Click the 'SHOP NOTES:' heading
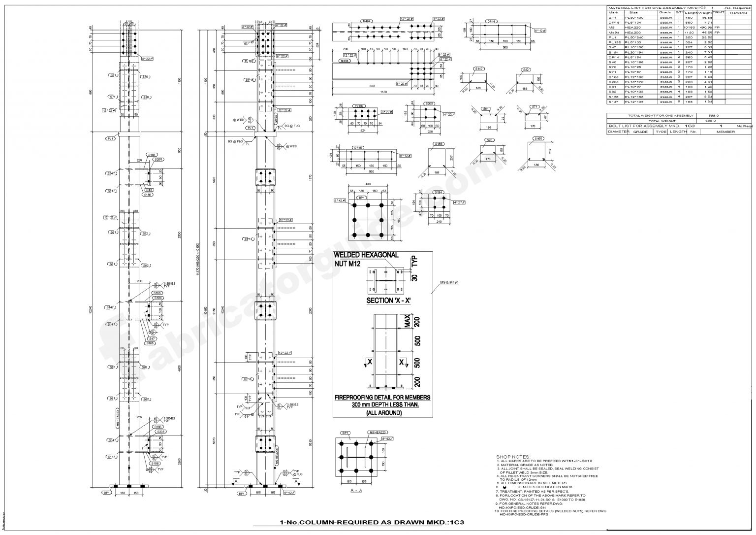click(512, 457)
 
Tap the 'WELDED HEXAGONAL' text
click(366, 255)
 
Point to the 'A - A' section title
click(357, 491)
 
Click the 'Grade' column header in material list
click(664, 12)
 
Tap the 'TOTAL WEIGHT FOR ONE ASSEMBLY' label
click(653, 115)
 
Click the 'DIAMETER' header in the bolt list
click(619, 132)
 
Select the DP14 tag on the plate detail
click(490, 22)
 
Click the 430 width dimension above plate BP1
click(368, 185)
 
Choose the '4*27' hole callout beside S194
click(458, 202)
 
